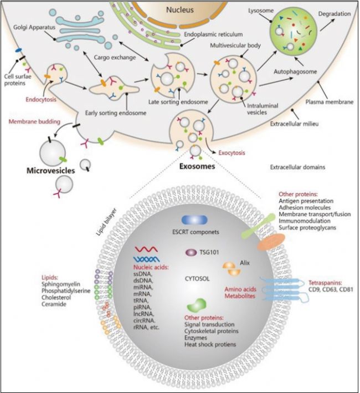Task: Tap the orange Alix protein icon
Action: click(x=232, y=269)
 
